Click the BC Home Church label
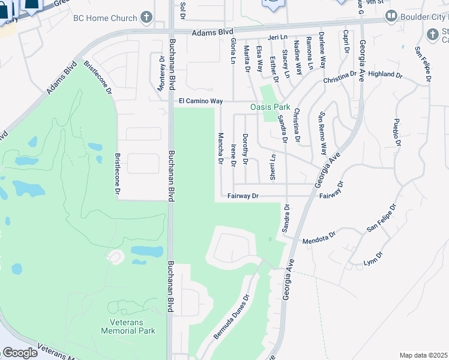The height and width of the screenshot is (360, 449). (105, 18)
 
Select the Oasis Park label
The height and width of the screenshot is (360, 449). (270, 107)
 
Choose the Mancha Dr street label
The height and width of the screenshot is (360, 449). (220, 149)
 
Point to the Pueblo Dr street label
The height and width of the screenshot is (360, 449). (396, 132)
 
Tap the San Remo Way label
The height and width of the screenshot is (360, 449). (323, 133)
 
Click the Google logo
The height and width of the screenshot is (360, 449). (20, 352)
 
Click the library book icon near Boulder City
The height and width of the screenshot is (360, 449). (391, 15)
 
